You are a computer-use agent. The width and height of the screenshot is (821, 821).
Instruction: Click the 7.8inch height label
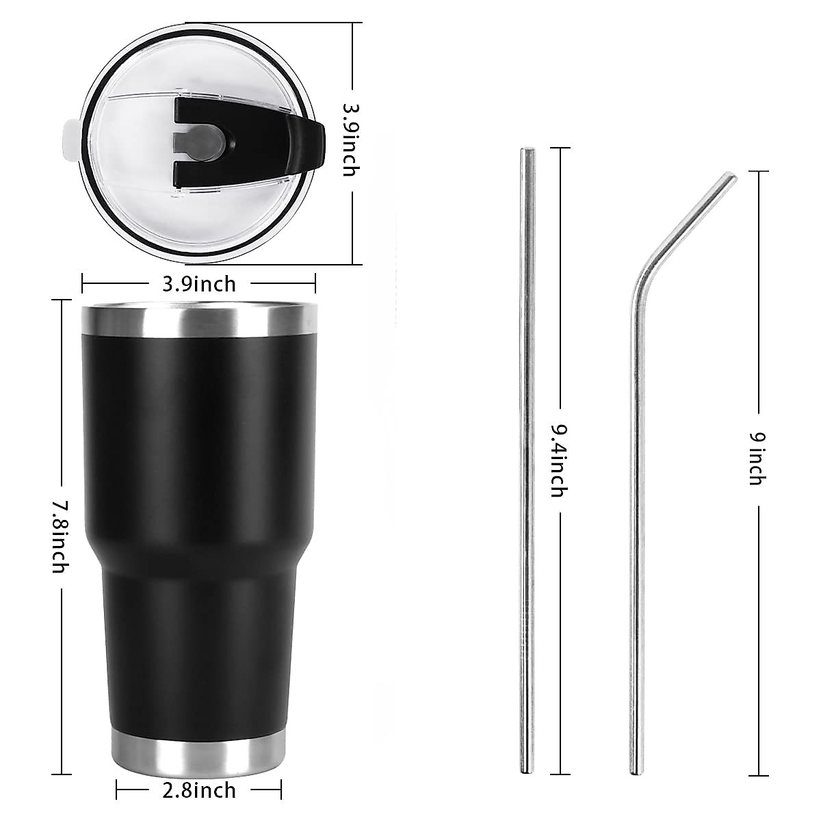61,537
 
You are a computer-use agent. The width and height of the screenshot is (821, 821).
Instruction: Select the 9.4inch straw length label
560,460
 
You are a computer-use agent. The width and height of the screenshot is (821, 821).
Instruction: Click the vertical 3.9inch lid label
350,140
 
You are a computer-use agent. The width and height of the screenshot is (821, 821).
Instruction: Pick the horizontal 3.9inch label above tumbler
199,283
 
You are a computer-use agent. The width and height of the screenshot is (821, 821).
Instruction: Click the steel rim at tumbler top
199,319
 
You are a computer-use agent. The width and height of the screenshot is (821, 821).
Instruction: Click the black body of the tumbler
199,445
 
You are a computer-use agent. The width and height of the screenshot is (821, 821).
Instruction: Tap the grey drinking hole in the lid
198,143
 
